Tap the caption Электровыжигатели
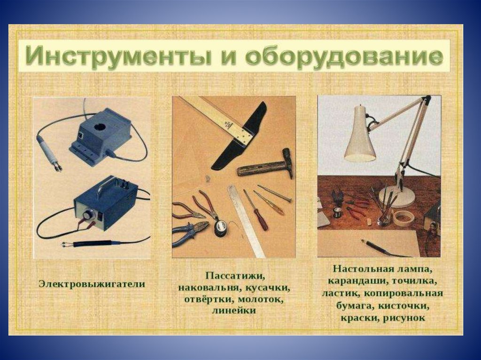pyautogui.click(x=92, y=284)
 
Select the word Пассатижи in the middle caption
pyautogui.click(x=235, y=276)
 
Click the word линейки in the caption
pyautogui.click(x=234, y=311)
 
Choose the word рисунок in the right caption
pyautogui.click(x=404, y=318)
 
